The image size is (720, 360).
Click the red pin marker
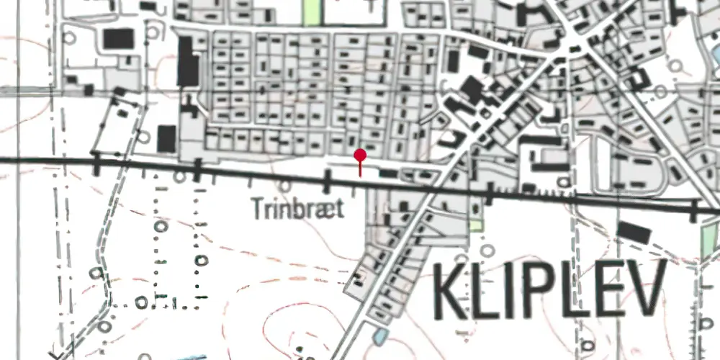tap(360, 156)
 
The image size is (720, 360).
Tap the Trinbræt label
tap(297, 209)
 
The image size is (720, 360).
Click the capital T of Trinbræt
tap(258, 209)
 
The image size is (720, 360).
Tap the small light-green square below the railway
tap(475, 225)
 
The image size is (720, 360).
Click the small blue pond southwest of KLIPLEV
tap(379, 335)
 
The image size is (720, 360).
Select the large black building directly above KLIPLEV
tap(634, 232)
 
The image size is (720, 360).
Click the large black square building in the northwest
tap(118, 38)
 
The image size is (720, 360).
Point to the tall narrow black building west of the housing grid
tap(186, 60)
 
